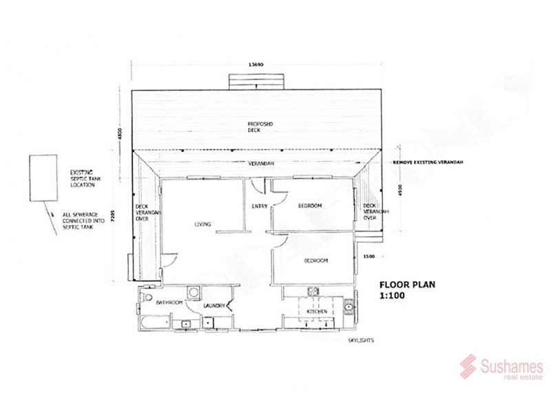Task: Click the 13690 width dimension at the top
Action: [x=256, y=63]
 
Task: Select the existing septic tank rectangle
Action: [x=43, y=178]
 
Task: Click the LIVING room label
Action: [x=202, y=223]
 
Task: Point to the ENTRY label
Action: [x=260, y=206]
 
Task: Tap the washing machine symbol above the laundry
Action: [x=194, y=291]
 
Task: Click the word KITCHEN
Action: [x=317, y=312]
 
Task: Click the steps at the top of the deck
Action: [x=256, y=81]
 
